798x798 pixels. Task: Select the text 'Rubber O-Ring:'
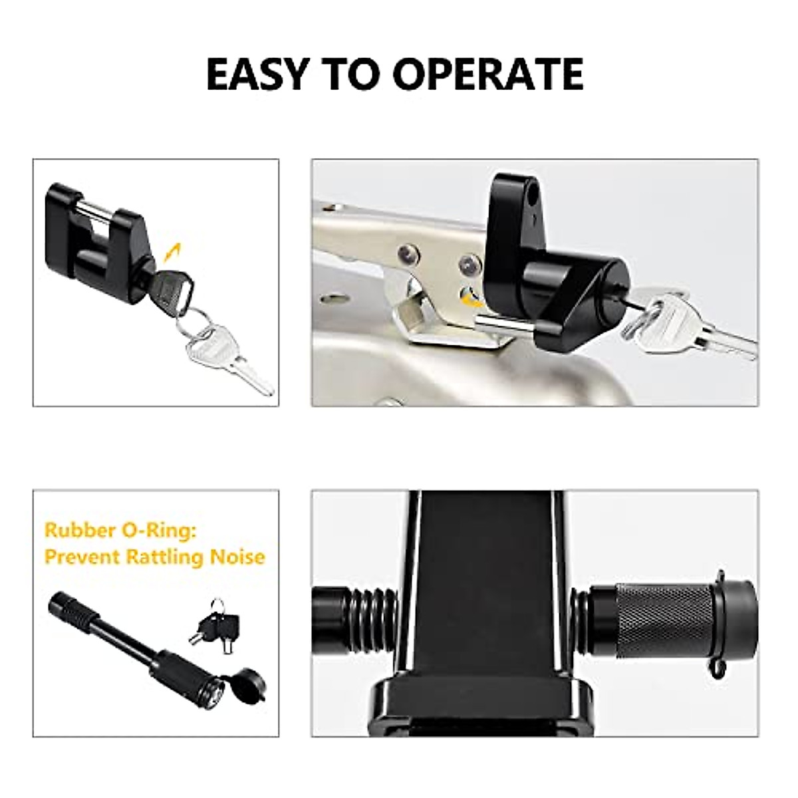pos(121,531)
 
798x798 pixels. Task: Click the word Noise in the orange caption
pos(237,556)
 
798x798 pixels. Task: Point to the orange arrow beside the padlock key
pos(174,251)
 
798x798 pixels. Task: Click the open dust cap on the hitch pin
pos(241,690)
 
